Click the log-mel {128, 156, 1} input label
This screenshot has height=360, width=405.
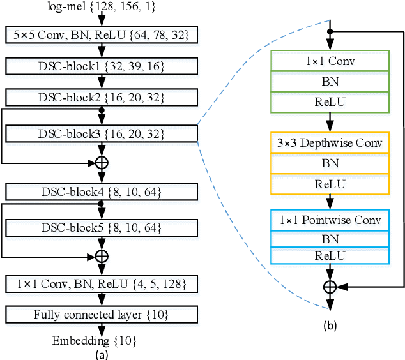tap(100, 6)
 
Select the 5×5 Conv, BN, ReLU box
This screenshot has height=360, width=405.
tap(100, 36)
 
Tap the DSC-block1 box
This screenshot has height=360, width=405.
tap(100, 66)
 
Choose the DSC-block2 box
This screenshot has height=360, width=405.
tap(100, 97)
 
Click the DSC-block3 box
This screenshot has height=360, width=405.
tap(100, 134)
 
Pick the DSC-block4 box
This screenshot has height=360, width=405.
tap(100, 191)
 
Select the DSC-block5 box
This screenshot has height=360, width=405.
tap(100, 227)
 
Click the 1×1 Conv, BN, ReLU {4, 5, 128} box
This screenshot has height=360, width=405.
tap(100, 284)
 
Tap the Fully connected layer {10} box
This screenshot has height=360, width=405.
tap(100, 314)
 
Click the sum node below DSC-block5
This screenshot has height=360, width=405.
tap(101, 256)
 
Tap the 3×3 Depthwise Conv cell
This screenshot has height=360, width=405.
tap(330, 143)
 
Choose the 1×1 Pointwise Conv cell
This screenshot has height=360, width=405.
tap(330, 221)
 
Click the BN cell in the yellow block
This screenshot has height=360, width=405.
tap(330, 163)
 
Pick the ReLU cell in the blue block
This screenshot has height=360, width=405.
tap(330, 255)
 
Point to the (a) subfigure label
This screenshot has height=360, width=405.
tap(100, 352)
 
